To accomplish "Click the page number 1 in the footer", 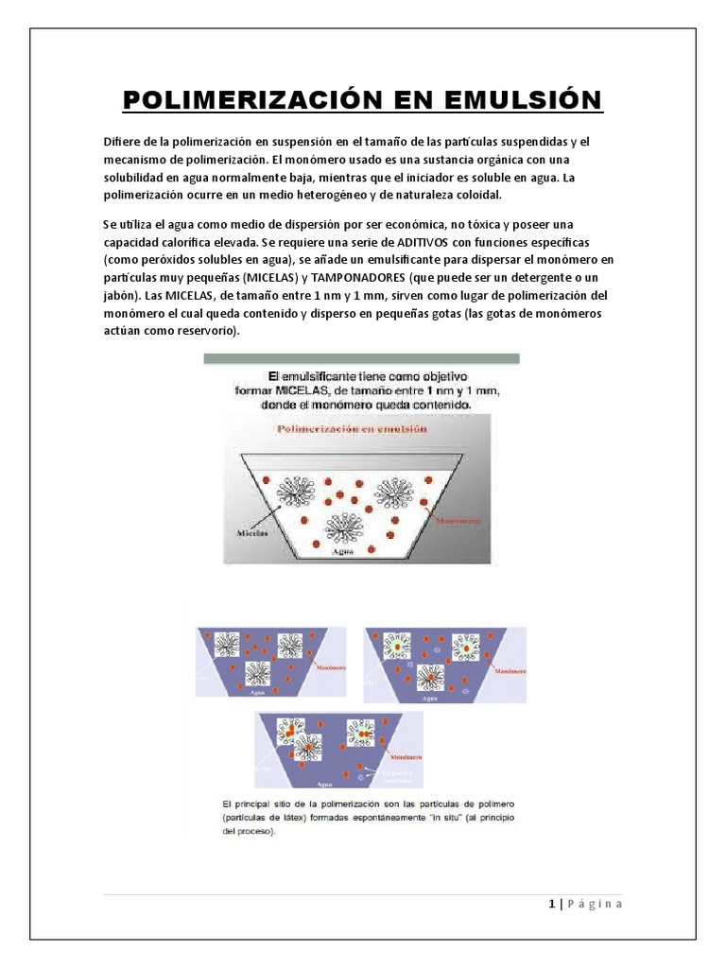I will coord(551,904).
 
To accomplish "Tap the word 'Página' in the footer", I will coord(596,904).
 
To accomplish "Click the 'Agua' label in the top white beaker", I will coord(343,552).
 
